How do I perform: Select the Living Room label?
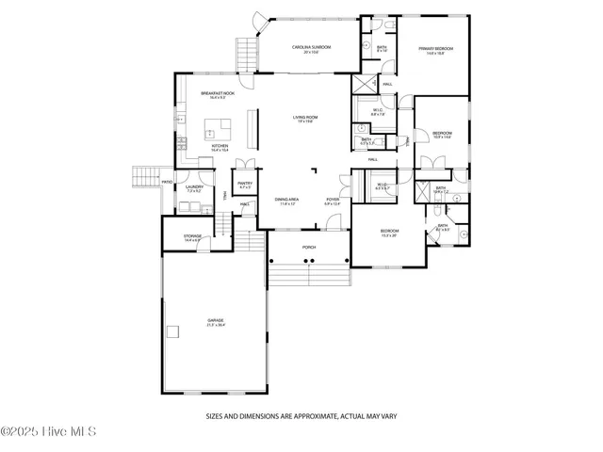tap(304, 119)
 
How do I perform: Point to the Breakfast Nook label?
tap(218, 94)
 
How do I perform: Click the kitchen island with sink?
tap(220, 128)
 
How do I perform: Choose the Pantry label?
tap(244, 185)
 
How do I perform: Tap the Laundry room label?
tap(195, 188)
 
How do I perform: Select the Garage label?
tap(216, 322)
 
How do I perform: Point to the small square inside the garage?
tap(171, 331)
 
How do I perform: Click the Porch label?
tap(308, 247)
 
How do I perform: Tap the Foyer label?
tap(333, 201)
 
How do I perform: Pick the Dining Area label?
tap(286, 201)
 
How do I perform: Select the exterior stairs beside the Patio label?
tap(145, 175)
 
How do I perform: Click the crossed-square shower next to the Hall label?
tap(364, 84)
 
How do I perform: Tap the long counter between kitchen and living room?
tap(252, 128)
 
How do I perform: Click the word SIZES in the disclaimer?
tap(215, 413)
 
